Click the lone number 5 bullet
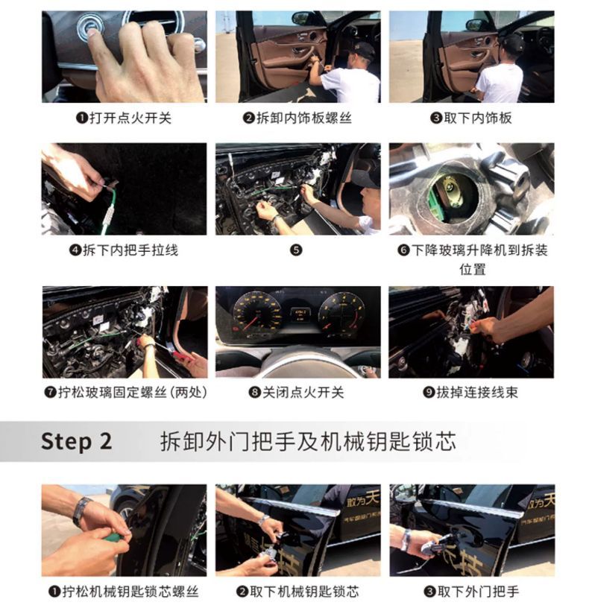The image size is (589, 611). [x=296, y=250]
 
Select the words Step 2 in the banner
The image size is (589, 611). [x=76, y=442]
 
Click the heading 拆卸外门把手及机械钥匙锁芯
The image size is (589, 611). [x=308, y=442]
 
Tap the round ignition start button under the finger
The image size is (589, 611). [x=89, y=27]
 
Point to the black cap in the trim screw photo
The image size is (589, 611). [x=363, y=50]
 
